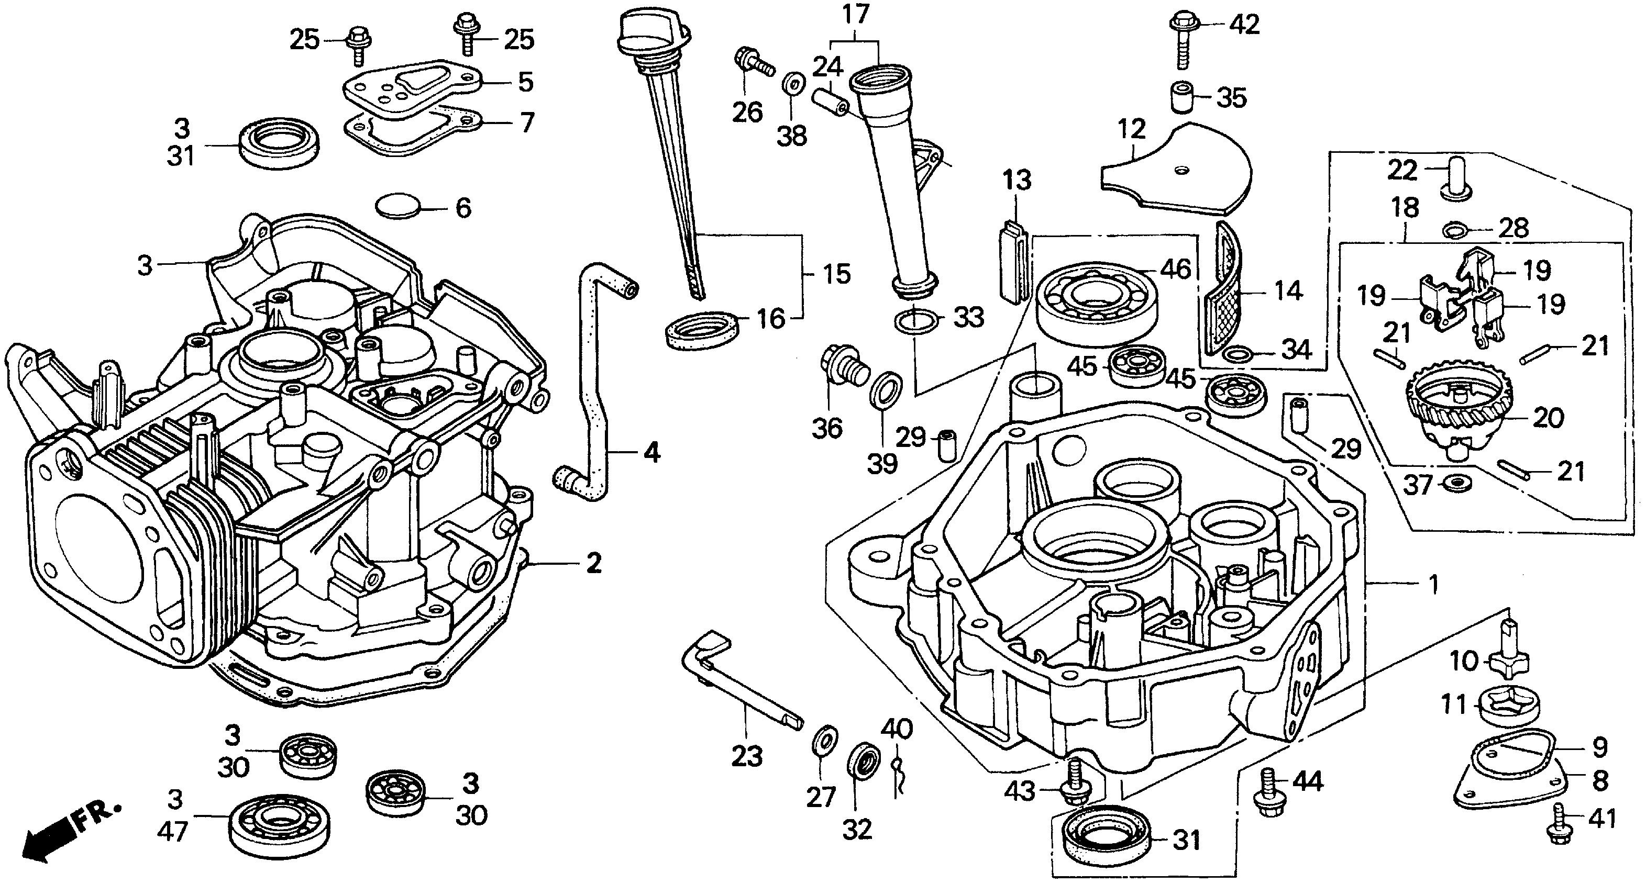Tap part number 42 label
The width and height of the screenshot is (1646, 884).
(x=1244, y=24)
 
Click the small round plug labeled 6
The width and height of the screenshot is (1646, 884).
(x=397, y=206)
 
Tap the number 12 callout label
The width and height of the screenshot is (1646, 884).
(x=1132, y=129)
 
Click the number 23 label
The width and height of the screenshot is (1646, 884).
(x=747, y=757)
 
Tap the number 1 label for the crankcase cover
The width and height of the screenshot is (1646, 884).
(x=1433, y=585)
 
